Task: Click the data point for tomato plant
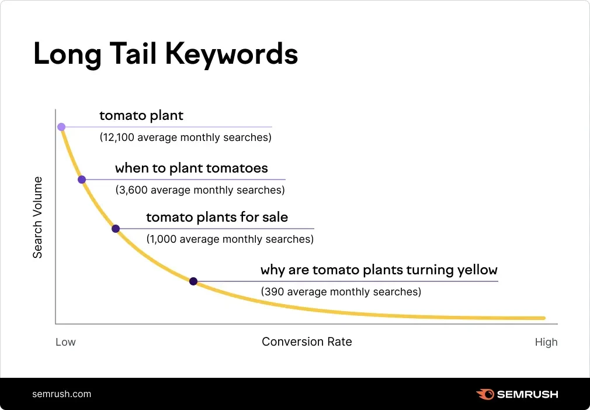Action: (61, 127)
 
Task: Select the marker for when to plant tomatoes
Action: (82, 180)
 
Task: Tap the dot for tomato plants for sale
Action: (116, 229)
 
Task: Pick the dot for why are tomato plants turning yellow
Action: (193, 281)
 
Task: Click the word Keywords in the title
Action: (232, 54)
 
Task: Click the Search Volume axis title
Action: (37, 218)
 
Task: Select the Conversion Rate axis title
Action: (307, 342)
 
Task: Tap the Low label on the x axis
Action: (65, 342)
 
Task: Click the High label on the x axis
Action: (546, 342)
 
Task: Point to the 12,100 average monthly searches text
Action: (186, 138)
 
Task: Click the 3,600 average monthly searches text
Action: (200, 190)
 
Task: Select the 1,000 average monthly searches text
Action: (230, 239)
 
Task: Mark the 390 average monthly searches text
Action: (341, 291)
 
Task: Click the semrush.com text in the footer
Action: (62, 394)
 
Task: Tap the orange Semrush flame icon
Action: (485, 394)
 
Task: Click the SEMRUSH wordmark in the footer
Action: (527, 394)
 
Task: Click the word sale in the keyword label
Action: (275, 218)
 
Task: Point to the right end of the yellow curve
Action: (543, 318)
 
